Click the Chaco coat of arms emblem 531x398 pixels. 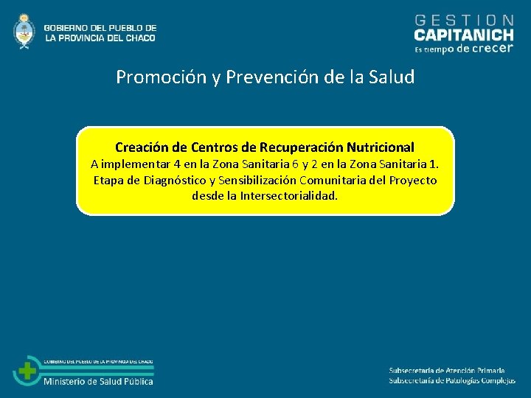pyautogui.click(x=24, y=31)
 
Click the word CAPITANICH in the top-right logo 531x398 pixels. pyautogui.click(x=464, y=35)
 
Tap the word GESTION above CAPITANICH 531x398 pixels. pyautogui.click(x=465, y=20)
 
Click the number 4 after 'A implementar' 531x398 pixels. pyautogui.click(x=177, y=164)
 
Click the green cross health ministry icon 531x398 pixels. pyautogui.click(x=27, y=371)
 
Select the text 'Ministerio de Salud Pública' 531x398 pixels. pyautogui.click(x=99, y=381)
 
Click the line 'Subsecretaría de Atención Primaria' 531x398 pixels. pyautogui.click(x=447, y=370)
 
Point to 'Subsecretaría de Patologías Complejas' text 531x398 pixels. pyautogui.click(x=452, y=380)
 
